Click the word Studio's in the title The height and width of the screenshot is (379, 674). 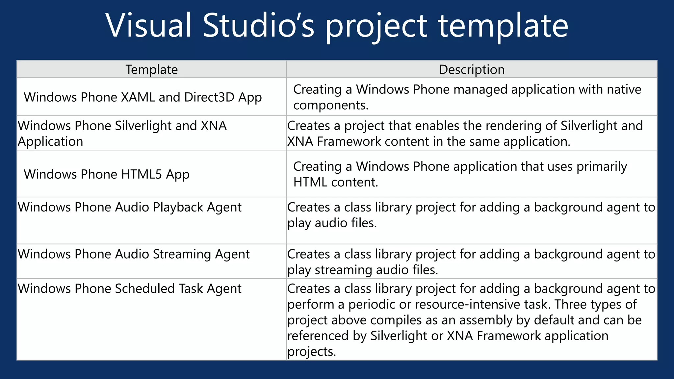pos(258,26)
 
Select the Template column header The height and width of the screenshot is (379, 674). pos(151,69)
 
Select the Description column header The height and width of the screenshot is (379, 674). pos(472,69)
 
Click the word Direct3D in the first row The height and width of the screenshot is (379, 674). pos(209,97)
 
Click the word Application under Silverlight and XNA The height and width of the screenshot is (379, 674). pos(50,141)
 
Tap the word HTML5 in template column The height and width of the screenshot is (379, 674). pos(142,174)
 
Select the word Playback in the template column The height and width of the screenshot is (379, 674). pos(178,208)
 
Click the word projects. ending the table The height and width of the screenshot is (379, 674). pos(311,352)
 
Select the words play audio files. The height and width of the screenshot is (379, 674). pos(332,223)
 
